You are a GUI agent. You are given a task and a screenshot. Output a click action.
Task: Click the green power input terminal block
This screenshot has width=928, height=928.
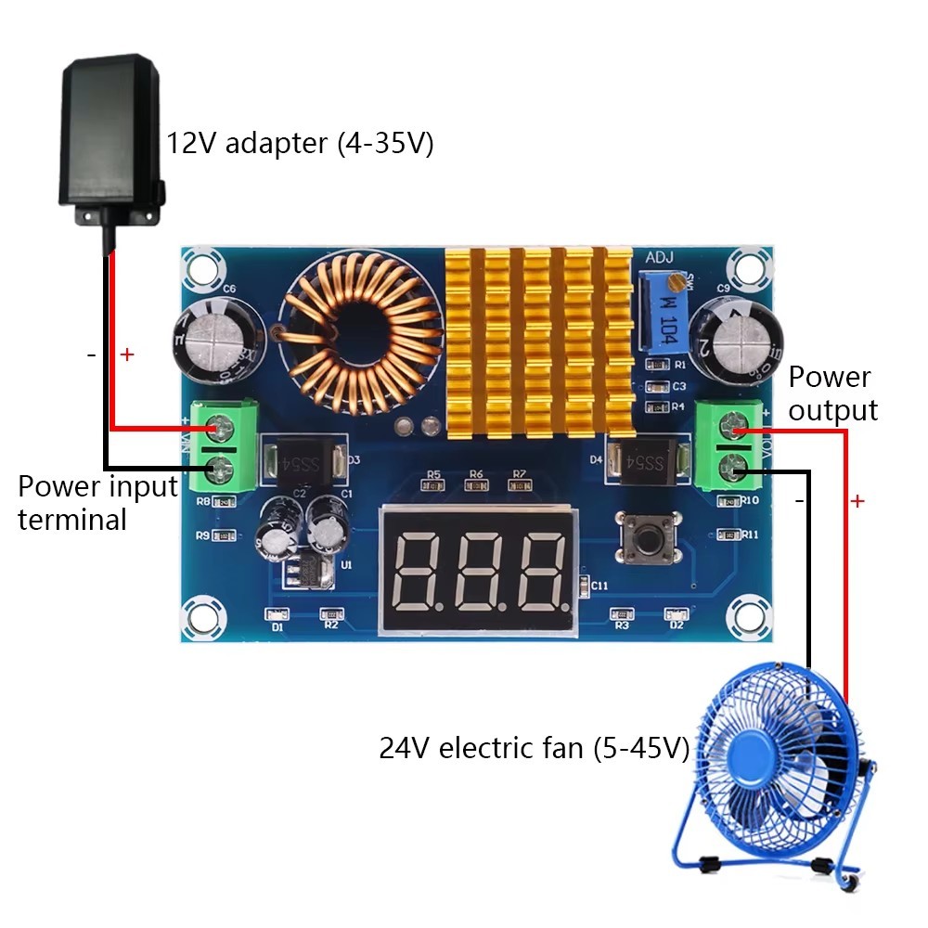(222, 447)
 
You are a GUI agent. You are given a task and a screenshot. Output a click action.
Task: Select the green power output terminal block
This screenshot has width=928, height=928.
(731, 446)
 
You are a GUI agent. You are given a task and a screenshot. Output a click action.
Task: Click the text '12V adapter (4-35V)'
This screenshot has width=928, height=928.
(300, 144)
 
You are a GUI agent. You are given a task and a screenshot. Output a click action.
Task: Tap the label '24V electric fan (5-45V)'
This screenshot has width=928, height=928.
(534, 748)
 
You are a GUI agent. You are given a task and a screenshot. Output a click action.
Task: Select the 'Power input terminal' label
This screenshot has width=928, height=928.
(97, 502)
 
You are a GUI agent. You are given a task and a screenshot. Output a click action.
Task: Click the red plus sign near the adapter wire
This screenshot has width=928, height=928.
(127, 354)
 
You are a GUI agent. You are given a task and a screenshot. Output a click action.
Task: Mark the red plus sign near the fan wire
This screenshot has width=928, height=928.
(857, 501)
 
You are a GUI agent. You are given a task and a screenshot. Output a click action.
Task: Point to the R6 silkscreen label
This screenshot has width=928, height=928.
(476, 474)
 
